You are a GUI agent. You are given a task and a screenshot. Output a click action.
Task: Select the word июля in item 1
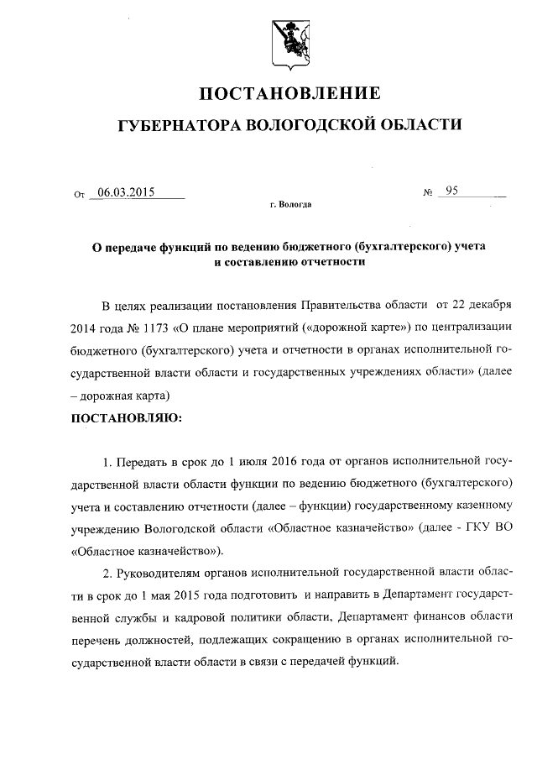tap(234, 462)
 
